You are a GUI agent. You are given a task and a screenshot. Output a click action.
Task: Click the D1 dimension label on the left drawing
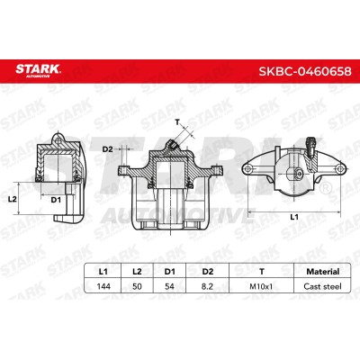[55, 198]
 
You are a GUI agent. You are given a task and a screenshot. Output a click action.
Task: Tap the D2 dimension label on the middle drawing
[107, 148]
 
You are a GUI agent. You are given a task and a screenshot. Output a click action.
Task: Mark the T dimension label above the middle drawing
[178, 121]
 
